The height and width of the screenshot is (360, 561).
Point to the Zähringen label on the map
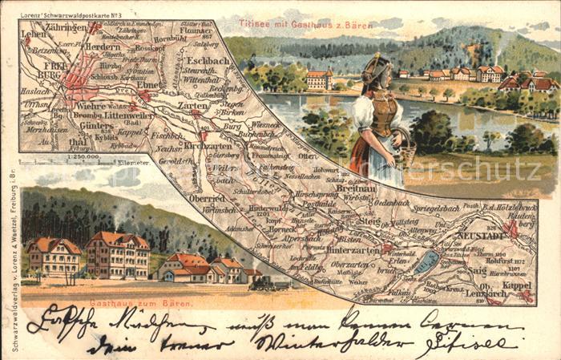66,27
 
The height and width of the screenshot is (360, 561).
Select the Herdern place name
103,47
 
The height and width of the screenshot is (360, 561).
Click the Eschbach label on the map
206,60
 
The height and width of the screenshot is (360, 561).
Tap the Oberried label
206,198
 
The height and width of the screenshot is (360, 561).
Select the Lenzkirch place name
485,293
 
